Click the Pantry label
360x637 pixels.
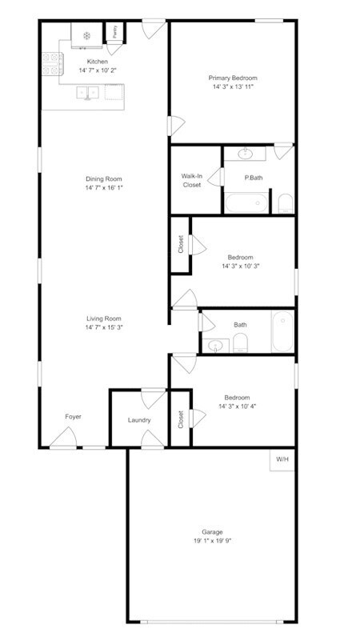click(x=115, y=32)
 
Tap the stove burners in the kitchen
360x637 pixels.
click(x=53, y=64)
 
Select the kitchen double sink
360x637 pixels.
click(x=88, y=93)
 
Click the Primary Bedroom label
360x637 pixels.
click(x=233, y=78)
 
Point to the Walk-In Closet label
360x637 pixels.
click(x=191, y=181)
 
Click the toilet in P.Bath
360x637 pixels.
click(x=286, y=203)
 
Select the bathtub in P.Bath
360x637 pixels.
click(x=246, y=202)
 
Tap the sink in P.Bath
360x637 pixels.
click(x=245, y=154)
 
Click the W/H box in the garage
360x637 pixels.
click(x=282, y=460)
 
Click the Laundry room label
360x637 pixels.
click(x=139, y=420)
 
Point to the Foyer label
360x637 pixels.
click(x=73, y=416)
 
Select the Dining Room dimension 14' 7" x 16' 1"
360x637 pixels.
click(x=104, y=188)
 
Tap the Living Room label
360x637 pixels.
click(x=104, y=318)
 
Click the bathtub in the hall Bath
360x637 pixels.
click(x=282, y=331)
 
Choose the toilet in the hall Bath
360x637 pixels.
click(x=241, y=343)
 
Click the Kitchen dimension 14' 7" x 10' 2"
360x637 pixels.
click(x=98, y=70)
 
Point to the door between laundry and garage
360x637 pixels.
click(x=152, y=439)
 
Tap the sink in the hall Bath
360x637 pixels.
click(x=215, y=346)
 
